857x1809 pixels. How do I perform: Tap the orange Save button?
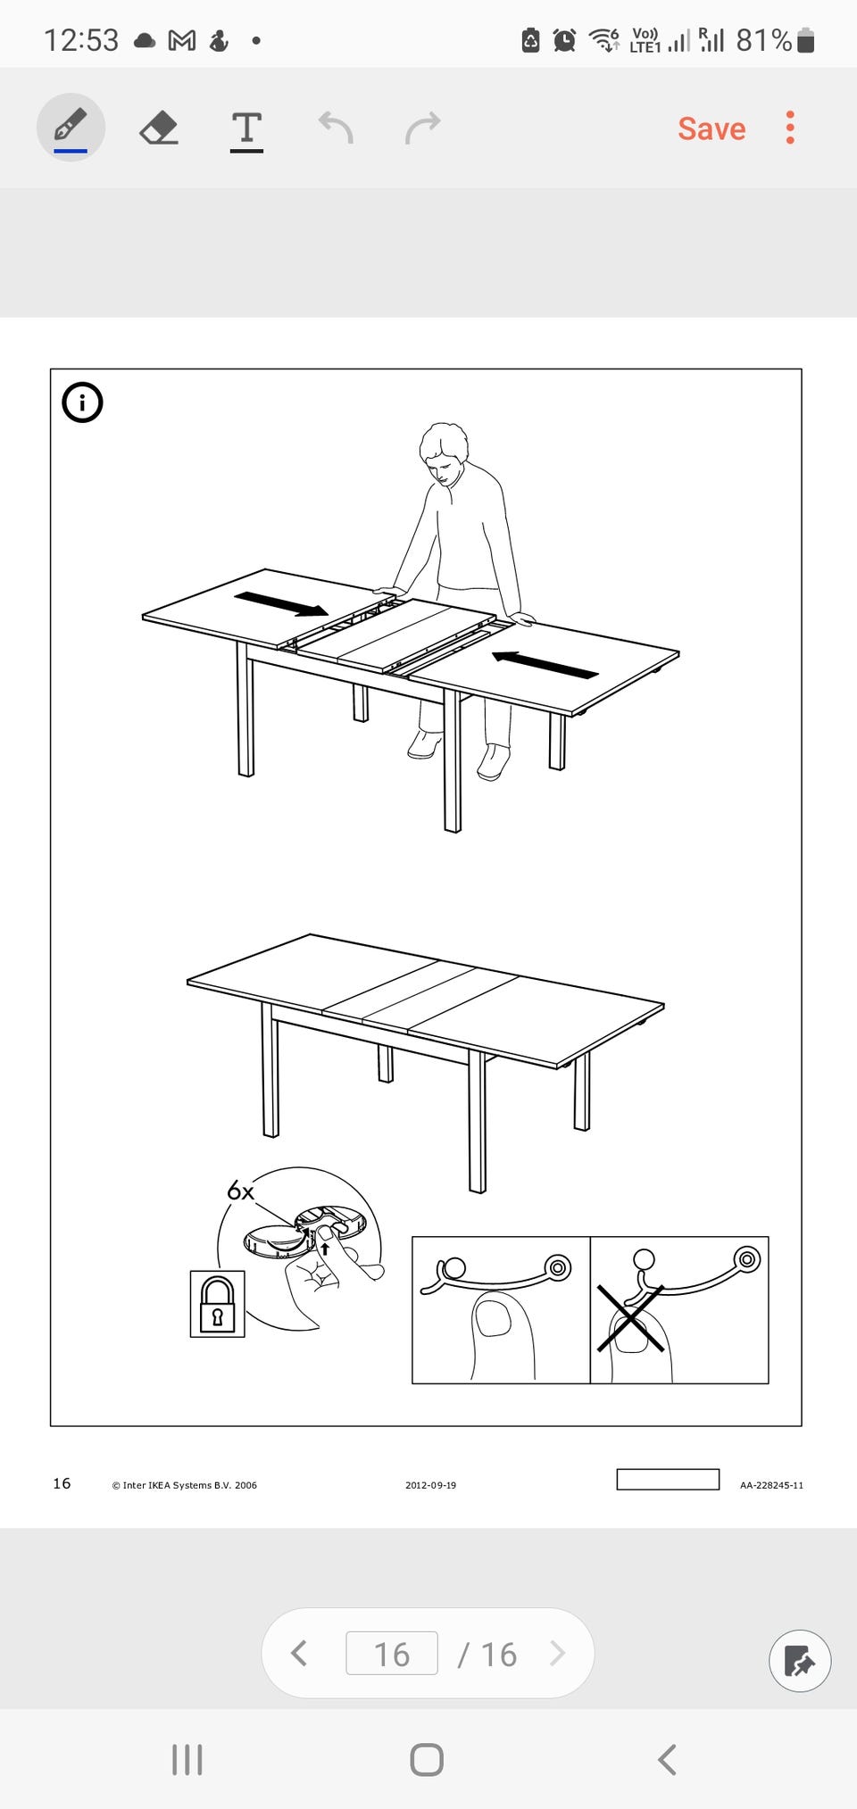coord(711,129)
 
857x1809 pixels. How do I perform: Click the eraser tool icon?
coord(159,128)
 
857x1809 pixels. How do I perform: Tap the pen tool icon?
coord(71,127)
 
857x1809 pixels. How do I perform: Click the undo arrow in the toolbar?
coord(336,128)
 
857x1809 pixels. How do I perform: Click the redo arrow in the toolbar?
coord(423,128)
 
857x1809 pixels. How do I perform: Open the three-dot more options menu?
coord(790,128)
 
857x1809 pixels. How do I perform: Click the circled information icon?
coord(82,402)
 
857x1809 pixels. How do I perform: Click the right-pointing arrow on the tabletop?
coord(281,604)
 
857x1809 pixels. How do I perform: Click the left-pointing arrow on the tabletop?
coord(545,665)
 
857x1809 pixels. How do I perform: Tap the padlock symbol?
coord(217,1304)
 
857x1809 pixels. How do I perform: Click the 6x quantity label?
coord(240,1191)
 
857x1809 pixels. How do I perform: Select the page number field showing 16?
coord(392,1654)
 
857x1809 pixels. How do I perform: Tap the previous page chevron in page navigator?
coord(299,1654)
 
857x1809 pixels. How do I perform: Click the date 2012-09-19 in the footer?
coord(430,1485)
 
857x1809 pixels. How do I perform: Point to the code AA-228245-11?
coord(771,1485)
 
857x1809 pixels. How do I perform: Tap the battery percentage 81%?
coord(764,40)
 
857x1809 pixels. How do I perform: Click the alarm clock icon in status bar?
coord(564,40)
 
